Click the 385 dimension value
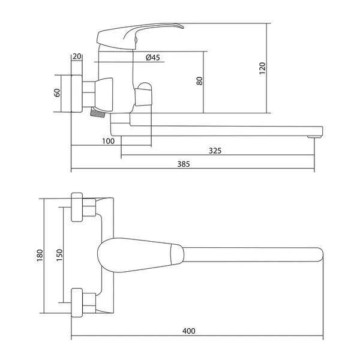[184, 164]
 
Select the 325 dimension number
[215, 151]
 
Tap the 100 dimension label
[108, 141]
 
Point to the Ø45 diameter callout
[152, 58]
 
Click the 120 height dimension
[262, 68]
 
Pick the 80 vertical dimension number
[200, 81]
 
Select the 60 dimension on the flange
[57, 92]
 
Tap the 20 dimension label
[77, 56]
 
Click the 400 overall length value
[189, 331]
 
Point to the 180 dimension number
[40, 255]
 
